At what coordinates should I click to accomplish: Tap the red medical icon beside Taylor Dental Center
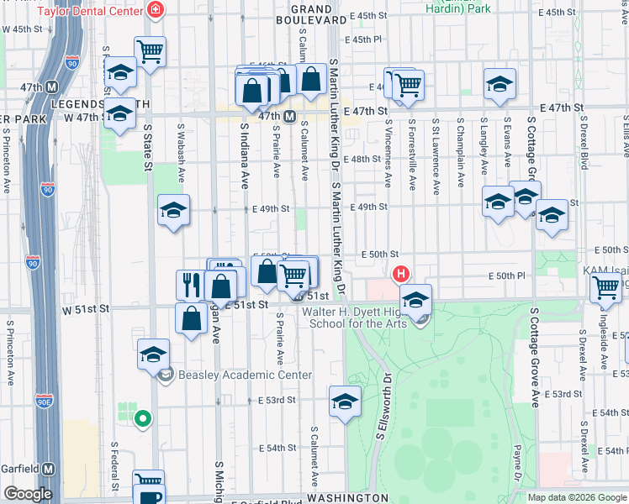155,11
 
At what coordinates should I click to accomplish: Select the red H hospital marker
401,274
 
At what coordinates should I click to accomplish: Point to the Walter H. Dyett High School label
353,317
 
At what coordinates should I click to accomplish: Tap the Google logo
28,494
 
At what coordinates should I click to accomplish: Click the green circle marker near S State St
143,417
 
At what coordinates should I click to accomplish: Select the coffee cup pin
149,483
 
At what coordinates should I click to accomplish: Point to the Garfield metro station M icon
50,469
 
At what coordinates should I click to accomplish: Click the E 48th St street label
367,159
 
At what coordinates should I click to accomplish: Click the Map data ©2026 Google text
577,497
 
